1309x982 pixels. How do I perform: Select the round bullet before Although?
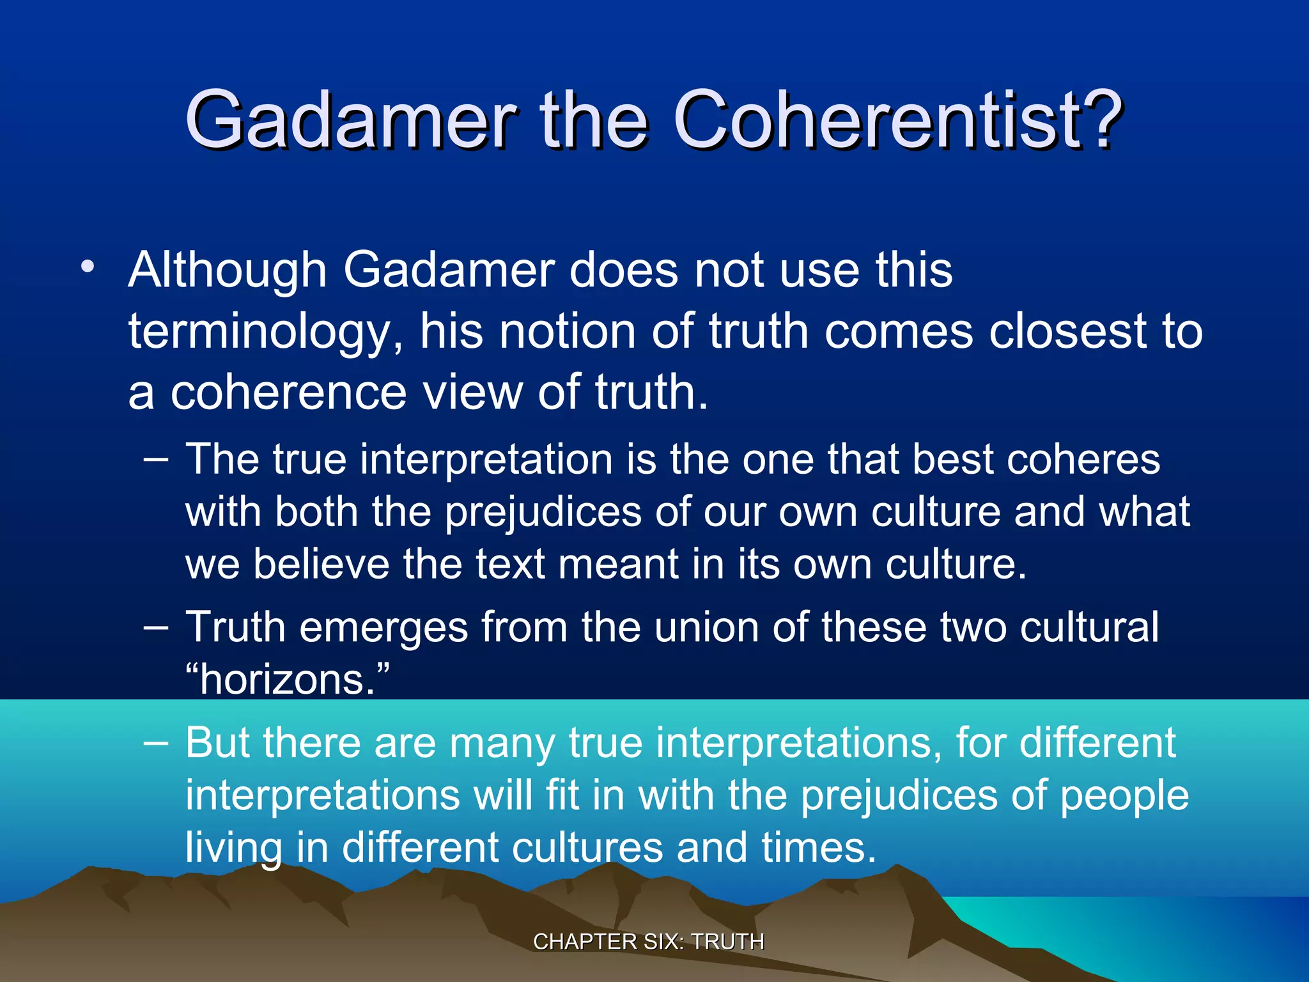tap(88, 267)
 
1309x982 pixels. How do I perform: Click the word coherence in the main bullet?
tap(288, 393)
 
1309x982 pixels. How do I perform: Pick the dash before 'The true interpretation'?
tap(157, 459)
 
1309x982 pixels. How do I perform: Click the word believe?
tap(321, 564)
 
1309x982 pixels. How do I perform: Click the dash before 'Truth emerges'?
tap(157, 627)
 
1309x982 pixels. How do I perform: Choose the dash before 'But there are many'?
tap(157, 743)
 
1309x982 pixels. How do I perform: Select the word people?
tap(1124, 797)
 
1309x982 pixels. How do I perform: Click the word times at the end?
tap(818, 848)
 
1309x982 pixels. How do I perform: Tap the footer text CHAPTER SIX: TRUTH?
tap(649, 942)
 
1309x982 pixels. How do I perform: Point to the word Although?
tap(228, 270)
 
